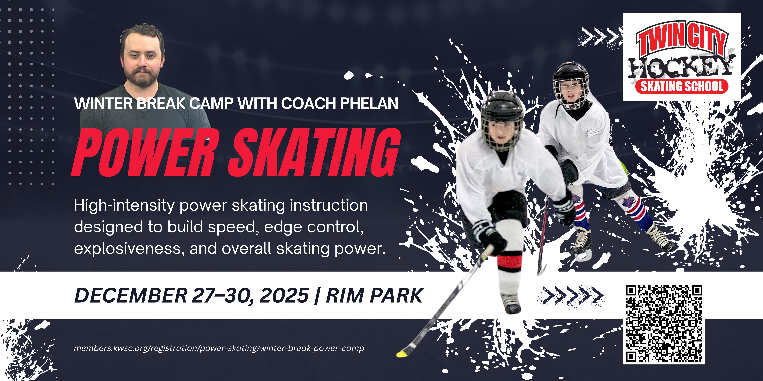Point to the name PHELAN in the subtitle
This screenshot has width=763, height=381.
369,103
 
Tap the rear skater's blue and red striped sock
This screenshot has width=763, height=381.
637,212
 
